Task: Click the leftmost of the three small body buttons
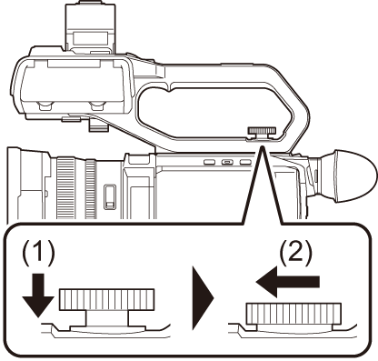click(209, 163)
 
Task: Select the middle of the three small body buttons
click(227, 163)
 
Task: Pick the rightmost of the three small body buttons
click(245, 163)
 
